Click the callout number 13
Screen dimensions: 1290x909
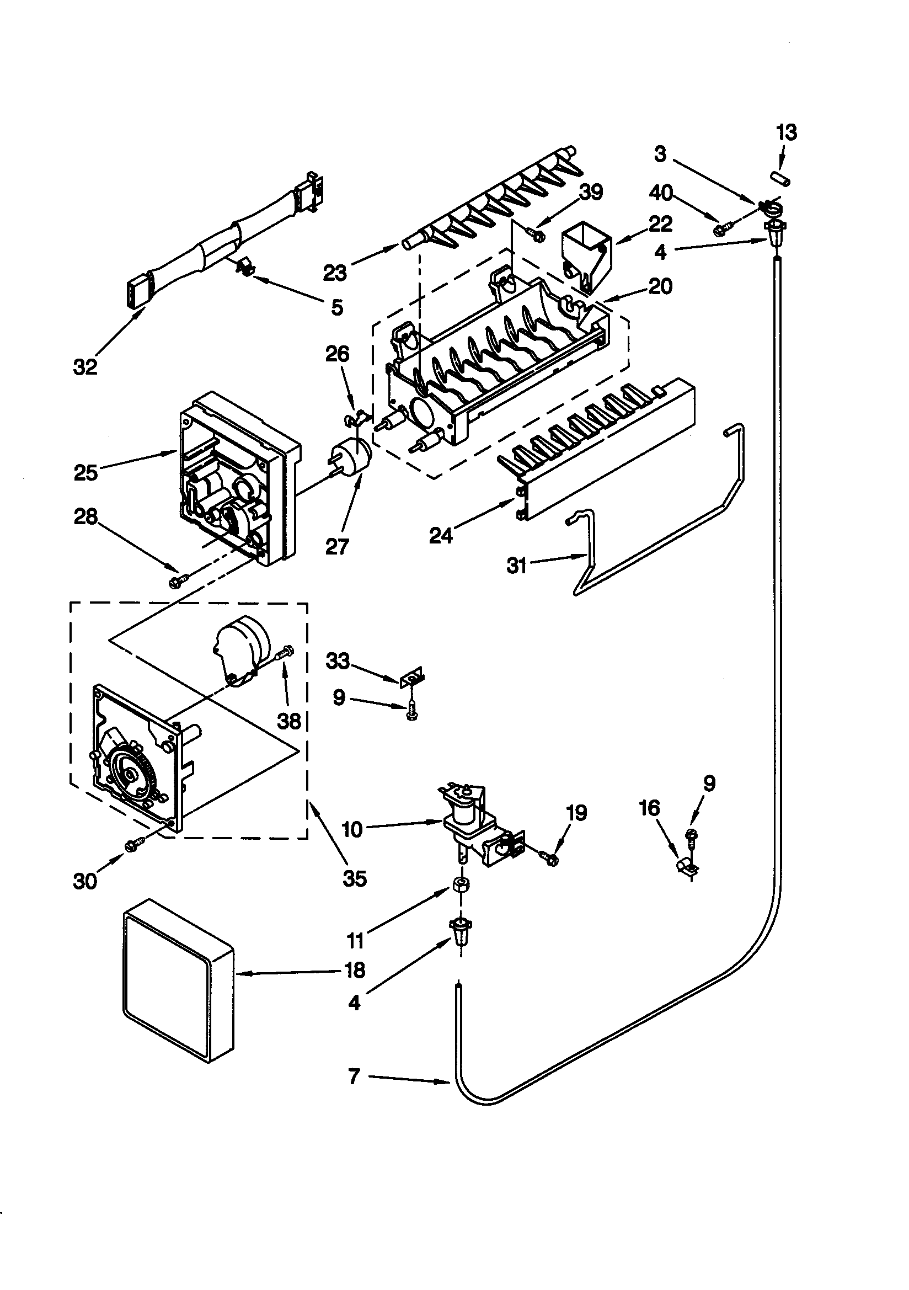(787, 133)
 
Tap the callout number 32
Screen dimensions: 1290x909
(85, 367)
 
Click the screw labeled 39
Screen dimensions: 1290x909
(534, 233)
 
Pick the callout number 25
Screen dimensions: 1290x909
(85, 472)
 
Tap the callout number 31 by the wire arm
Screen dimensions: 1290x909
(516, 565)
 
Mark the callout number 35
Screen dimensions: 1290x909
(355, 878)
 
